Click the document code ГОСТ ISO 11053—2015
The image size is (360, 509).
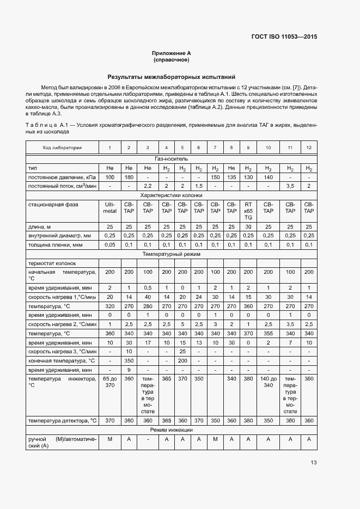click(284, 37)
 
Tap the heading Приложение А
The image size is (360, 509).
click(171, 53)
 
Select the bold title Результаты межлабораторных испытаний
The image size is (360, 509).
click(171, 77)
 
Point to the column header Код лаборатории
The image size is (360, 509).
click(62, 148)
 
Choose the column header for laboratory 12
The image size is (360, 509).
click(309, 148)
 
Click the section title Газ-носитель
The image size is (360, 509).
click(171, 158)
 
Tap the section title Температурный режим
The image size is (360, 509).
click(171, 254)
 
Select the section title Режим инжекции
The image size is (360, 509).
click(171, 430)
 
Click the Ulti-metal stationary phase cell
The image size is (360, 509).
click(109, 208)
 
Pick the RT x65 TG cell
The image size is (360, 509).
click(248, 210)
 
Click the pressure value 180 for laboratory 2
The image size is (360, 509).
click(129, 177)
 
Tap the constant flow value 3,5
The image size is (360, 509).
click(290, 186)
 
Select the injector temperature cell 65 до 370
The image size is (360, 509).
click(109, 381)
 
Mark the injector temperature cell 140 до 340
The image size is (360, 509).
click(268, 381)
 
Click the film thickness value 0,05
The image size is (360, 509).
click(109, 245)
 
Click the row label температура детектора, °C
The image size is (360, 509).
click(62, 421)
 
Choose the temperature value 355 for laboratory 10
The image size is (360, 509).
click(268, 333)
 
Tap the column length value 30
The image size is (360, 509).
click(248, 226)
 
